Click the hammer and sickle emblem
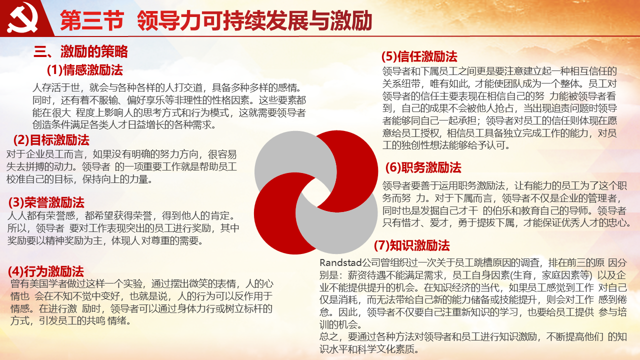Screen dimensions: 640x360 coord(22,17)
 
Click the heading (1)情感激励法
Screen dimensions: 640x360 coord(85,70)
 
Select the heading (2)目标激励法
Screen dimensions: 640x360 coord(51,140)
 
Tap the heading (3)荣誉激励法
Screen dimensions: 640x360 coord(46,202)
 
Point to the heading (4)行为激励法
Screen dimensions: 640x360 coord(46,271)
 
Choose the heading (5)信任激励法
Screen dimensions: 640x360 coord(419,56)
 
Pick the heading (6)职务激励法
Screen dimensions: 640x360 coord(423,167)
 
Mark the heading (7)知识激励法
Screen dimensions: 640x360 coord(412,245)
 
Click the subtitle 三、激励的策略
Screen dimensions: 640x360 coord(80,51)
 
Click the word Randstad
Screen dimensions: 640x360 coord(340,262)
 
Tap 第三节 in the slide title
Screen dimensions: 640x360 coord(92,20)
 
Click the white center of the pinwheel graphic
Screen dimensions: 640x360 coord(316,192)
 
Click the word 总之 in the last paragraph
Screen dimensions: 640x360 coord(328,336)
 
